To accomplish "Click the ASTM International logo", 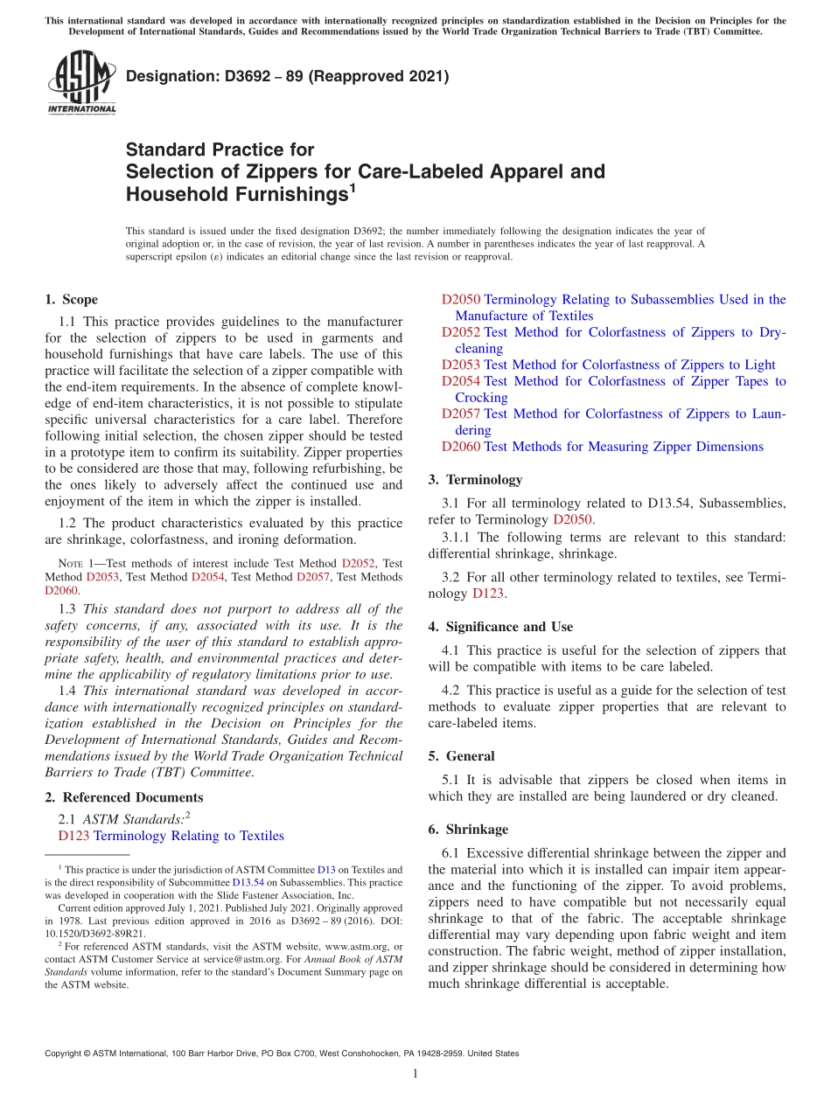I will click(80, 83).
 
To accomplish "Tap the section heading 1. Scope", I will click(71, 299).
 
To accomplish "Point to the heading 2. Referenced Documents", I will click(123, 797).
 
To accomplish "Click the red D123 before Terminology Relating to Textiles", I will click(73, 836).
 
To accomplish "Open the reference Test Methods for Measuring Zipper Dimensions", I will click(623, 447).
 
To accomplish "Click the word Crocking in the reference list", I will click(481, 398).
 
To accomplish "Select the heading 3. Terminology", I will click(475, 479).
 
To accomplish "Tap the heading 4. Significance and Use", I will click(500, 627).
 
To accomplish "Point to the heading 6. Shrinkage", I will click(468, 829).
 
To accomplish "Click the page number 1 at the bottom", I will click(415, 1074).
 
